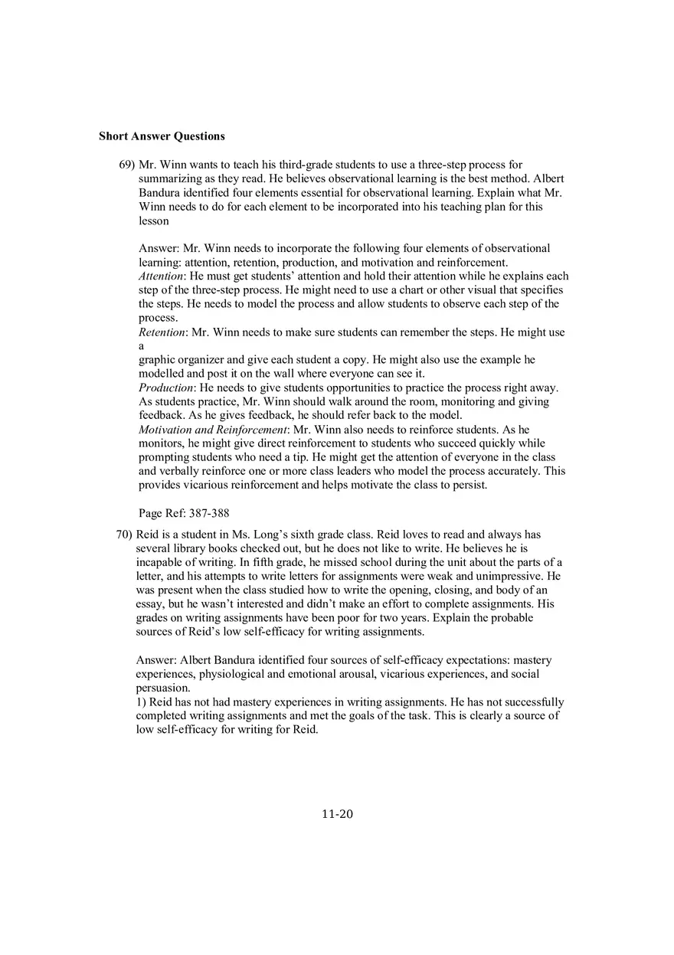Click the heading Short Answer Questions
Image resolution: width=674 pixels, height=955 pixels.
tap(162, 136)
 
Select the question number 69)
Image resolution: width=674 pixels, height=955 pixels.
tap(126, 165)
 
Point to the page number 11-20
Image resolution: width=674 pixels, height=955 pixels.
tap(337, 814)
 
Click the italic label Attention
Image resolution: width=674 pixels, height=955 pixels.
tap(161, 276)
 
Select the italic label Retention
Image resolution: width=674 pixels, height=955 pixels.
tap(162, 332)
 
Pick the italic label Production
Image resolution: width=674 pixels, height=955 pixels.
tap(165, 388)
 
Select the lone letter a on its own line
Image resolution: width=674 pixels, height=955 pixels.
tap(141, 346)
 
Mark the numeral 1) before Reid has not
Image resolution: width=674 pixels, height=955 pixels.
tap(141, 702)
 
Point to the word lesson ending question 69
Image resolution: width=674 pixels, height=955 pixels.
tap(153, 221)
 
